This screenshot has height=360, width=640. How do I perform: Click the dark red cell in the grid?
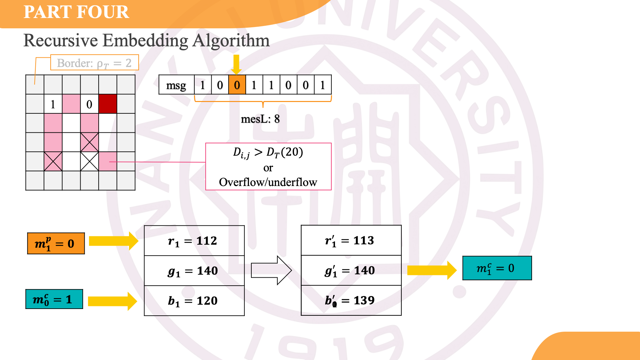(108, 104)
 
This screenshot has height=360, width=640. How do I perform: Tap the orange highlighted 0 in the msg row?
(237, 85)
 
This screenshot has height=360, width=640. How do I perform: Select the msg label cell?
(176, 85)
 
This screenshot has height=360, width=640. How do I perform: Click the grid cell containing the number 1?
(53, 104)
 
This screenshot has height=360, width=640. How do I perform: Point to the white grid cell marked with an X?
(89, 161)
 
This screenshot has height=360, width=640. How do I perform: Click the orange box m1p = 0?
(56, 243)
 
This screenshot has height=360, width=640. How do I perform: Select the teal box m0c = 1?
(54, 299)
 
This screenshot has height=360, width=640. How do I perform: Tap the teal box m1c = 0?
(497, 268)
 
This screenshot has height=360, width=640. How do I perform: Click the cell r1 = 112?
(194, 241)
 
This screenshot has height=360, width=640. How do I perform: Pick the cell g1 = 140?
(194, 271)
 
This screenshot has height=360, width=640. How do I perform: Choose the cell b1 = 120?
(194, 301)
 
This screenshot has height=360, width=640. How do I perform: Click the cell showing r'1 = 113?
(351, 240)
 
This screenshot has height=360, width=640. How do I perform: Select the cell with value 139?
(351, 300)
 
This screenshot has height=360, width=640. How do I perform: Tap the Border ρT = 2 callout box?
(94, 63)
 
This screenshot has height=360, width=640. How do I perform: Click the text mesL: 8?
(260, 119)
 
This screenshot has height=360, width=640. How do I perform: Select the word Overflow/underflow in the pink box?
(268, 182)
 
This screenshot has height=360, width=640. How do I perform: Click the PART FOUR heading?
(76, 12)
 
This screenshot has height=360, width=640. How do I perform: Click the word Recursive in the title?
(61, 41)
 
